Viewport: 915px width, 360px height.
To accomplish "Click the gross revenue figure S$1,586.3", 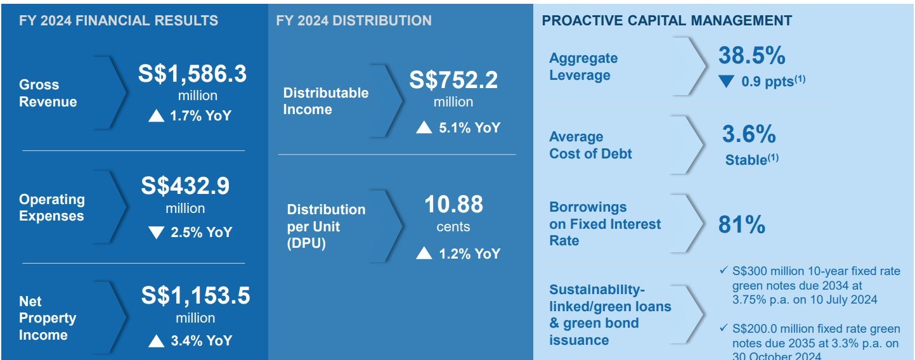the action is pyautogui.click(x=192, y=74).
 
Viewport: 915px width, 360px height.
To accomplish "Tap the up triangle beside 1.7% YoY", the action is pyautogui.click(x=156, y=116).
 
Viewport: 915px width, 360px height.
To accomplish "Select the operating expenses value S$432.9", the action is pyautogui.click(x=185, y=186).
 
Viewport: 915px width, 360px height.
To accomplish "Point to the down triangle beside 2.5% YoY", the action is pyautogui.click(x=156, y=233).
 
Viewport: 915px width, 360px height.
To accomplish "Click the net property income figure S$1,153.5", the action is pyautogui.click(x=196, y=295).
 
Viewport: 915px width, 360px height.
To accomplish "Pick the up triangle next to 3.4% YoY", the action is pyautogui.click(x=156, y=341).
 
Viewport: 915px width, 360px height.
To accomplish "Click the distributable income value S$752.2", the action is pyautogui.click(x=453, y=80).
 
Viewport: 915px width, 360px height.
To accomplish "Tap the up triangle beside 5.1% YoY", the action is pyautogui.click(x=424, y=127).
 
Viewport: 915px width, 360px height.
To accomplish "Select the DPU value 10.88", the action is pyautogui.click(x=453, y=204).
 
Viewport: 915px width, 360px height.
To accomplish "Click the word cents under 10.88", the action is pyautogui.click(x=453, y=226).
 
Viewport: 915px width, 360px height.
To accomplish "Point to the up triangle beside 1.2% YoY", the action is pyautogui.click(x=424, y=253).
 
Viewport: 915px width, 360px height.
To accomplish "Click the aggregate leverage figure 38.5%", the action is pyautogui.click(x=751, y=55).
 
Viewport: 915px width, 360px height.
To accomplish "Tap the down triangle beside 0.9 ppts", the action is pyautogui.click(x=726, y=81).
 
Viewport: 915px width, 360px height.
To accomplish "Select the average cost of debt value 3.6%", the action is pyautogui.click(x=749, y=134).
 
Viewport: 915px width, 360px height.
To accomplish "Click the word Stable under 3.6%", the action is pyautogui.click(x=746, y=160).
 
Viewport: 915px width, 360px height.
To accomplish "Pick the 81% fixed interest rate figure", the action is pyautogui.click(x=742, y=224).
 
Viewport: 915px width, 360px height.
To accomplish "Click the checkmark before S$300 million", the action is pyautogui.click(x=724, y=270).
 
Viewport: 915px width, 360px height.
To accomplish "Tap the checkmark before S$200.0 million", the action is pyautogui.click(x=724, y=328).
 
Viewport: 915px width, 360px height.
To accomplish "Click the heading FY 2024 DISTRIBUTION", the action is pyautogui.click(x=354, y=20).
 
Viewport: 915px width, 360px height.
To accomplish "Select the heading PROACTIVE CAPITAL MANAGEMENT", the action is pyautogui.click(x=666, y=20).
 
